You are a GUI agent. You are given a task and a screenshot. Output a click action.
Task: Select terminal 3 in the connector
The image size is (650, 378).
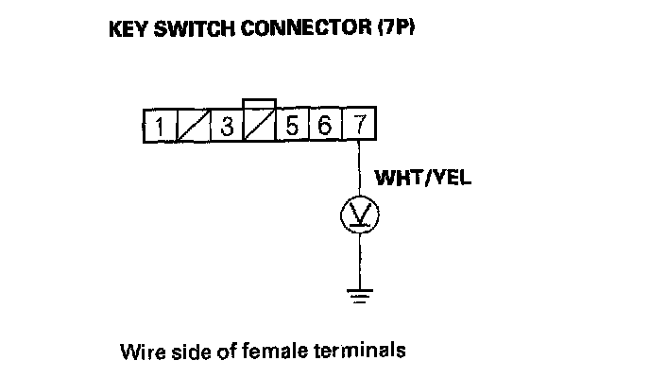coord(226,127)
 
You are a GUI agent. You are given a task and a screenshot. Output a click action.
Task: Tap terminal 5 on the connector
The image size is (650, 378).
coord(294,127)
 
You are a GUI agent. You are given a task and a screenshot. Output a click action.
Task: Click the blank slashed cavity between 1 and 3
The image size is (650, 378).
coord(193,127)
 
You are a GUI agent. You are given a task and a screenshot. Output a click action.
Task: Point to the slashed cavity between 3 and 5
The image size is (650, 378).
coord(260,127)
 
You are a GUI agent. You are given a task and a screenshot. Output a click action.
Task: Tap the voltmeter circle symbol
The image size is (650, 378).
coord(359,216)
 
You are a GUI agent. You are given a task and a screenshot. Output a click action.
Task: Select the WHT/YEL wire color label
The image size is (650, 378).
coord(423,178)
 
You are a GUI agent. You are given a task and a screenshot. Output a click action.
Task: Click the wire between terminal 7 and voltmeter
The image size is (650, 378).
coord(359,170)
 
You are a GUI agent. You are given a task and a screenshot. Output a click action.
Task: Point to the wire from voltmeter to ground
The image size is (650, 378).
coord(359,260)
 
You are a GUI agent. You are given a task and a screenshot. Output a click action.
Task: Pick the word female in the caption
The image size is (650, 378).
coord(270,351)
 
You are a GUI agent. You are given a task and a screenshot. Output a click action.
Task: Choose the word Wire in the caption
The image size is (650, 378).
coord(138,351)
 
